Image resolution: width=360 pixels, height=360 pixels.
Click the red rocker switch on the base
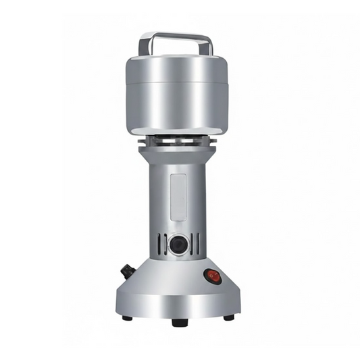(213, 276)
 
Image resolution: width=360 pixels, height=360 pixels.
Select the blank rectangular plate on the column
(178, 197)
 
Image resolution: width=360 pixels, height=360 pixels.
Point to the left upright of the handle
(144, 46)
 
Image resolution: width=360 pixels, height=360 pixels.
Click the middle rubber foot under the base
(179, 322)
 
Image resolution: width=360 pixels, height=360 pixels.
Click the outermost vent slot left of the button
(159, 244)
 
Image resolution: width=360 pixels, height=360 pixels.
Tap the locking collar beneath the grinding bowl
(178, 140)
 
